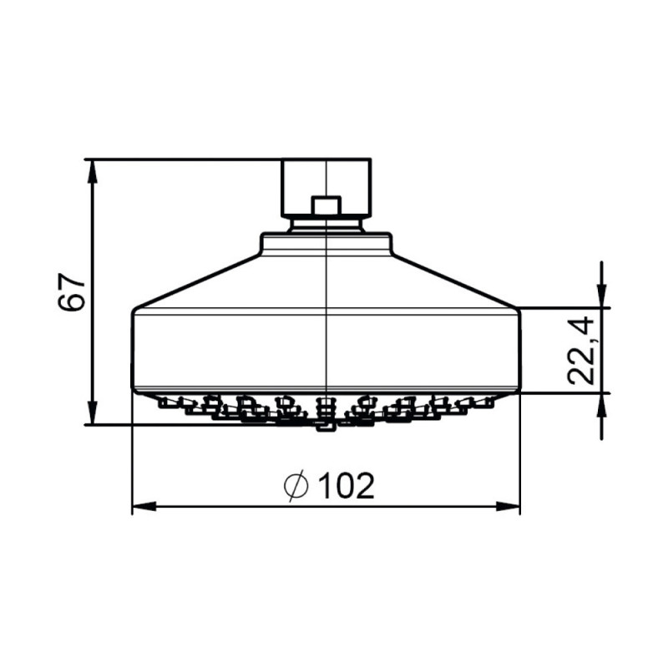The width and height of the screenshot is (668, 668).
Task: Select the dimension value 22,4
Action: (x=582, y=350)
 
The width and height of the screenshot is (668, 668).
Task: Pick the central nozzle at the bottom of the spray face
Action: (x=325, y=424)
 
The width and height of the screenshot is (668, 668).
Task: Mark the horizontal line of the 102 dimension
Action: (x=250, y=506)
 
